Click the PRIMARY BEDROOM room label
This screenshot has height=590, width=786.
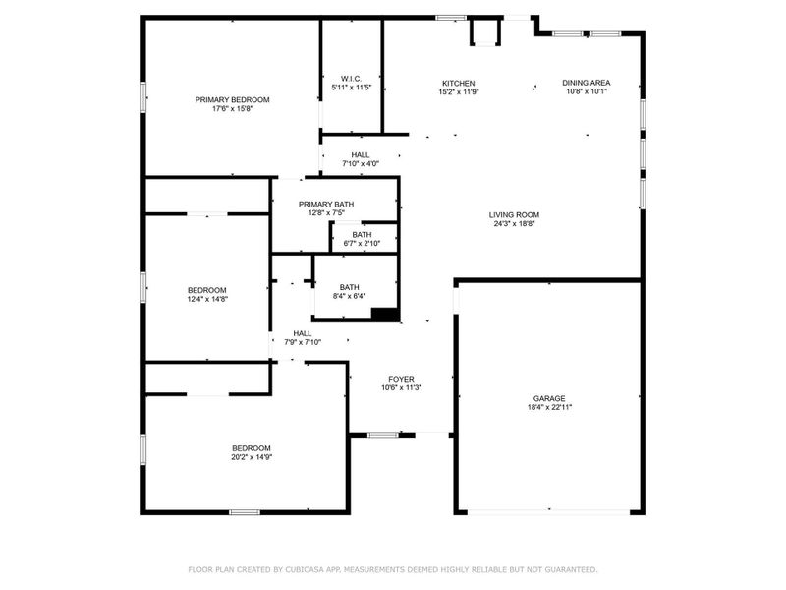232,99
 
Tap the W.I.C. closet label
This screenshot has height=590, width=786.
351,78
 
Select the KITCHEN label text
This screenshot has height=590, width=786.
458,83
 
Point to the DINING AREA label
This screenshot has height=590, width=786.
586,83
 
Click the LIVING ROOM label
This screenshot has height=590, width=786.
515,214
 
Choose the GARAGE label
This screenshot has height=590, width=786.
548,398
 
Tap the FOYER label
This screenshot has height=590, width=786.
401,379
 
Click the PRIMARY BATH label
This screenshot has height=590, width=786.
326,204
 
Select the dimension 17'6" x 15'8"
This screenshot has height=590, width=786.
232,109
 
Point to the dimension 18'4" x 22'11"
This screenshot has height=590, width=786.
548,407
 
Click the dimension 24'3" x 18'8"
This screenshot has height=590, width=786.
515,224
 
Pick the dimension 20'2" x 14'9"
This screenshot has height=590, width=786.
251,457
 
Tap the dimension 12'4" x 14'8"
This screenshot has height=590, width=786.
207,300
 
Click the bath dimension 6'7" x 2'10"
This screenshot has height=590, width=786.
363,243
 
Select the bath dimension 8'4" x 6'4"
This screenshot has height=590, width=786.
350,296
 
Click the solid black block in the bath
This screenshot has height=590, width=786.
385,315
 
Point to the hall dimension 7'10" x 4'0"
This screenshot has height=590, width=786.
360,164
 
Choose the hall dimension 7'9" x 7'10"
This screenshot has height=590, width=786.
303,343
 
